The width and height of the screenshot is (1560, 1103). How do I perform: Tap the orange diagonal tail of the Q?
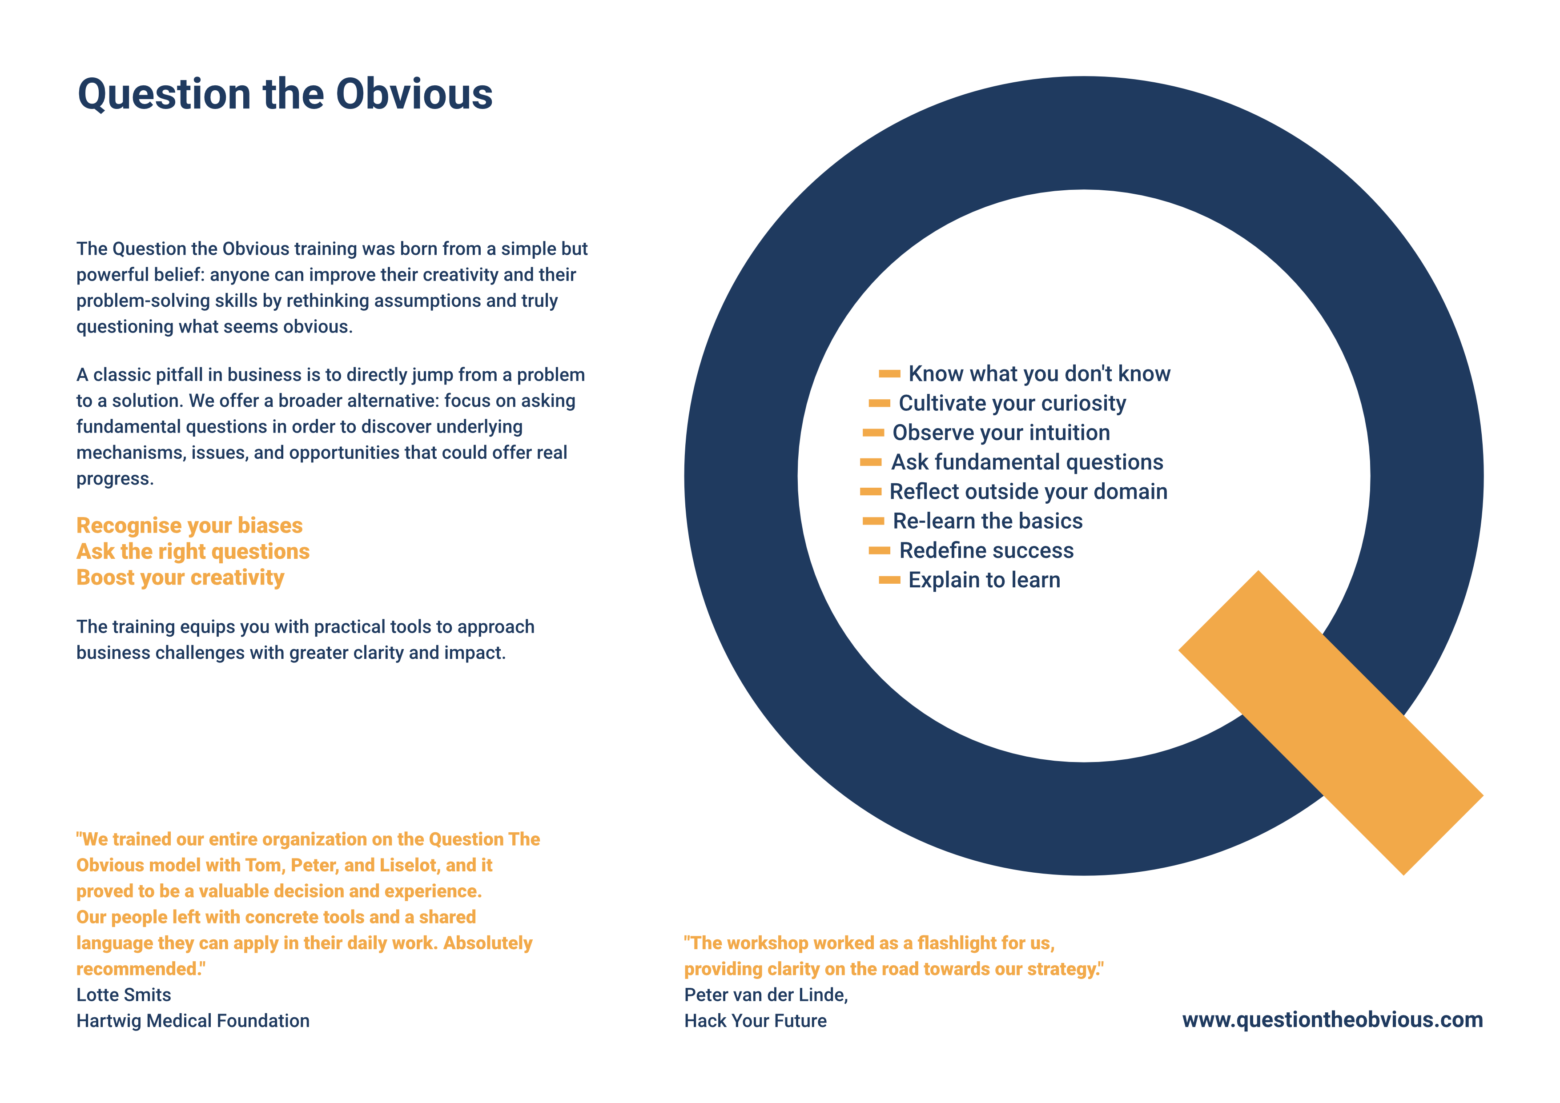coord(1331,722)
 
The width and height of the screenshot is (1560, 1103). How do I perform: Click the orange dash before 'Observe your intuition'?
coord(873,433)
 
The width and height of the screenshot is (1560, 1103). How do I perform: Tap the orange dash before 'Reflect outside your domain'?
coord(870,492)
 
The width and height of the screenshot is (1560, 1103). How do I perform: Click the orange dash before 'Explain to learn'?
coord(889,580)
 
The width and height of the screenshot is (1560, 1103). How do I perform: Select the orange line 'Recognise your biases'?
coord(189,525)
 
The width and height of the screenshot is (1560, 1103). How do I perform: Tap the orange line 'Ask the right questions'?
coord(193,551)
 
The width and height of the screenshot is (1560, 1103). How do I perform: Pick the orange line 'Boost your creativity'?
coord(180,578)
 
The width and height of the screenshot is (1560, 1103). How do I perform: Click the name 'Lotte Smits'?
coord(124,995)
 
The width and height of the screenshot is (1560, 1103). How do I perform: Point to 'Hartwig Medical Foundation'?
coord(193,1021)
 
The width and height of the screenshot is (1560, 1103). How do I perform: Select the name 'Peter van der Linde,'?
coord(766,995)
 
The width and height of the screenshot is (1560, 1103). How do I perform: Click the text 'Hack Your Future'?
coord(756,1021)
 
